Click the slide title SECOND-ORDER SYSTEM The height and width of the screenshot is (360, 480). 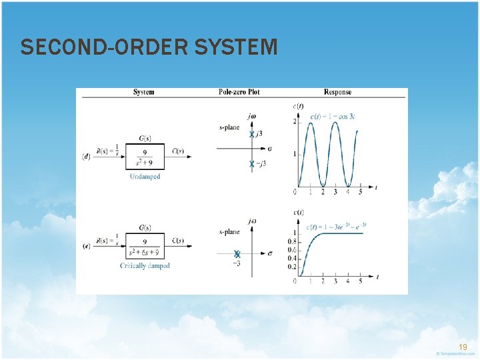pos(149,47)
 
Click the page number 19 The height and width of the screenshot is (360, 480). pos(463,347)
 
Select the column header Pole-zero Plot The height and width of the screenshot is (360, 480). pos(240,92)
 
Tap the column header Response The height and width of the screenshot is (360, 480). pos(337,92)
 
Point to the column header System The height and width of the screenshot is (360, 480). pos(143,92)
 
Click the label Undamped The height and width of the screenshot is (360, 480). pos(145,177)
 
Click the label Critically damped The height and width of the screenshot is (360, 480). pos(145,265)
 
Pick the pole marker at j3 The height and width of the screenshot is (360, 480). pos(252,134)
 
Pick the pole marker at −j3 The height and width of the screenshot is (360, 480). pos(252,163)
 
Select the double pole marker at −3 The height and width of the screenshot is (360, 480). pos(237,254)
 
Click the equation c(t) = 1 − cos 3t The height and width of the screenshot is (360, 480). pos(337,117)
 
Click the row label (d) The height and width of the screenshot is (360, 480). pos(87,157)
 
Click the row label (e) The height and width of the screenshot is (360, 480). pos(87,246)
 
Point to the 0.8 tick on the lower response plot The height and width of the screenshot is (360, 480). pos(291,241)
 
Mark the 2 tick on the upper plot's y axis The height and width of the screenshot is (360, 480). pos(295,121)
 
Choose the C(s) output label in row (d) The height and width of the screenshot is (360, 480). pos(178,151)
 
